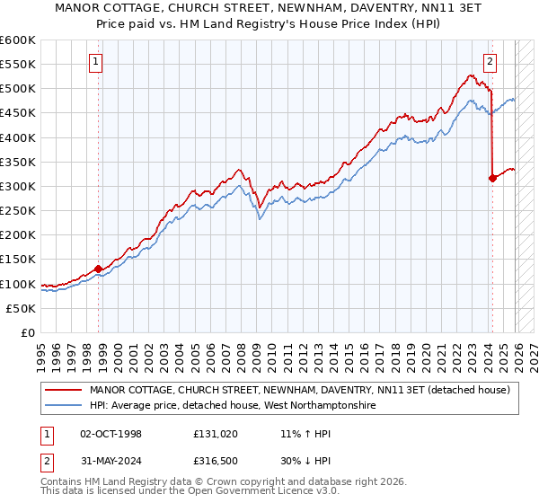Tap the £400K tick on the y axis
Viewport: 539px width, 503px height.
pos(18,137)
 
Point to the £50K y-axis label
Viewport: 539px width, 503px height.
pos(21,308)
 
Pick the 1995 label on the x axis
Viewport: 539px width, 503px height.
pos(40,351)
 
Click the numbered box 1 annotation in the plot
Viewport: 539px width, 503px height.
pos(95,62)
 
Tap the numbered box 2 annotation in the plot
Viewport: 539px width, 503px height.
pos(490,62)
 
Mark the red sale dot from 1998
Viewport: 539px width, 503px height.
pos(98,268)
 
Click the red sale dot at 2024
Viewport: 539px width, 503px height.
pos(492,178)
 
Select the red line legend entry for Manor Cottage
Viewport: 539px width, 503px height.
pos(300,390)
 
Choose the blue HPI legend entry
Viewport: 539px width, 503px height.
pos(232,406)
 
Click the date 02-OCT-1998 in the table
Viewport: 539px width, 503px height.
pos(110,434)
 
